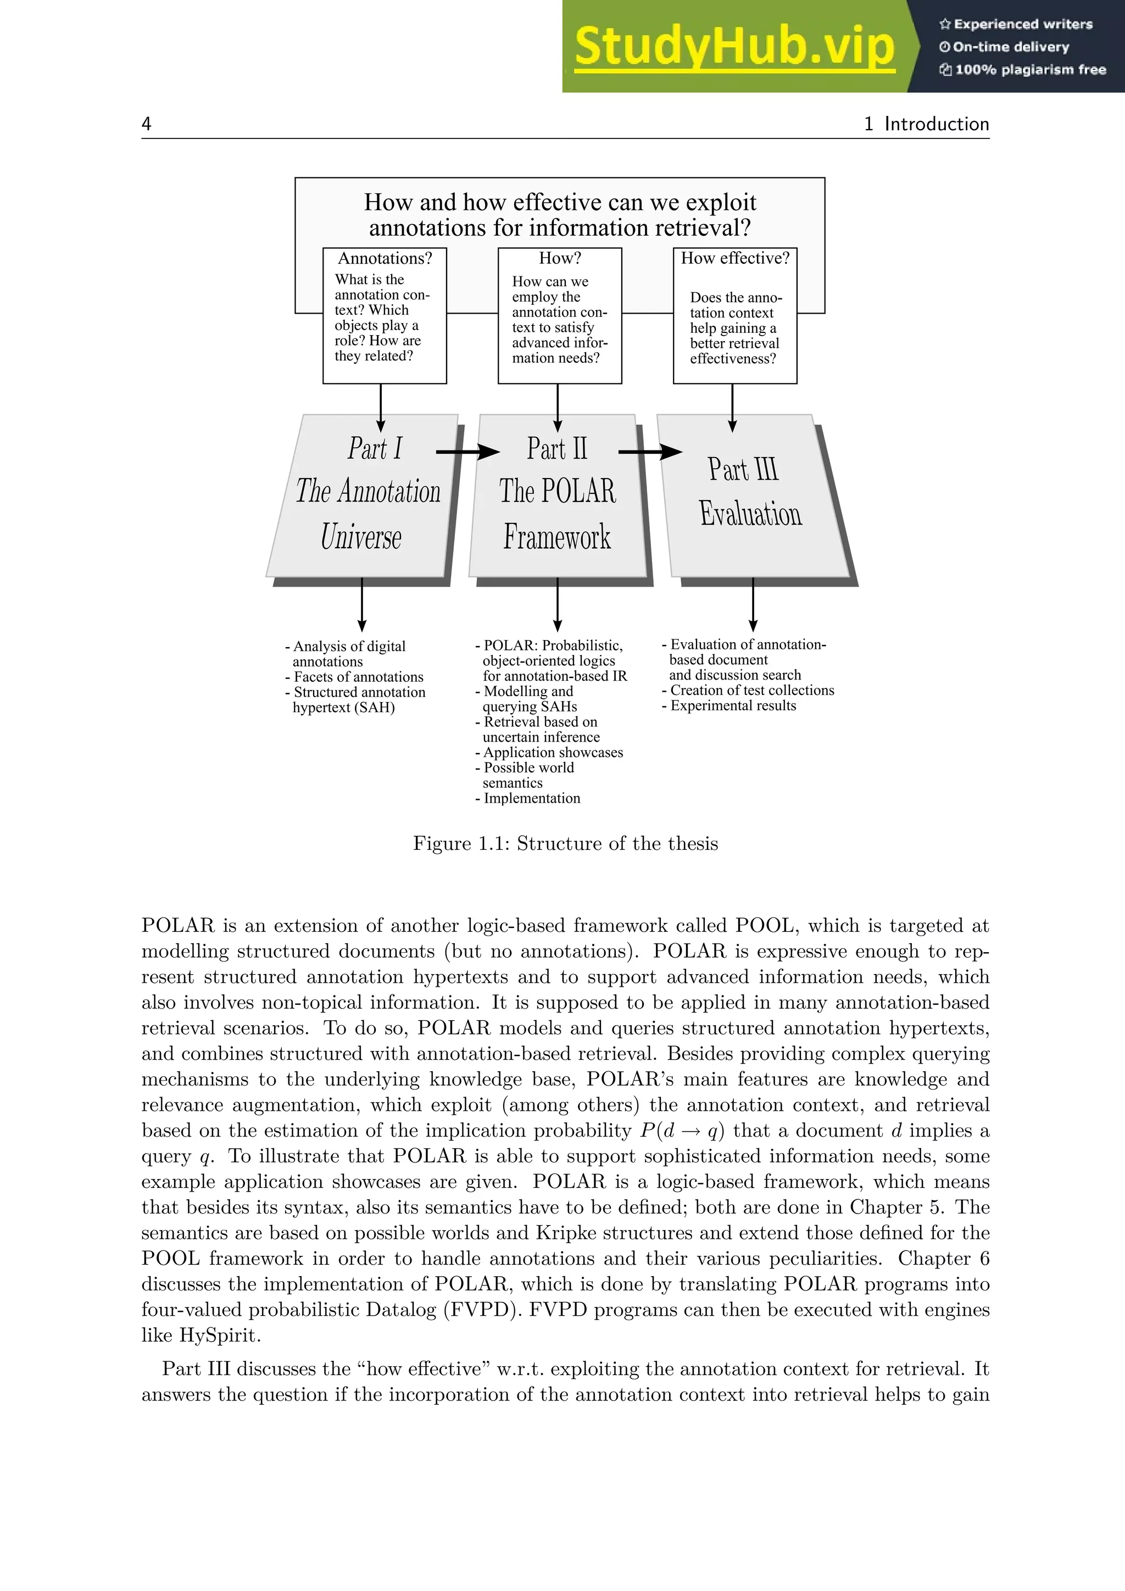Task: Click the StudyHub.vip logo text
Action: [x=734, y=47]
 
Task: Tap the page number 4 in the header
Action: [x=146, y=124]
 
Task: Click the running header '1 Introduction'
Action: [x=926, y=124]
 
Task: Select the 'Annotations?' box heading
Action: [x=385, y=258]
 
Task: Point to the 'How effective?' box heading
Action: [x=735, y=258]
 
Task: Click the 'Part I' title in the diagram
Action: [x=375, y=448]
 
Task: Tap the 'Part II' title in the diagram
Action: [x=557, y=448]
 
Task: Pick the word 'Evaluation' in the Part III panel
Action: [x=750, y=514]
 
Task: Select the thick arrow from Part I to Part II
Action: [x=467, y=452]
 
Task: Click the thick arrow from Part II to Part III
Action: [x=650, y=452]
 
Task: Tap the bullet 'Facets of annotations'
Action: [x=358, y=677]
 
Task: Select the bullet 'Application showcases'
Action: [x=553, y=753]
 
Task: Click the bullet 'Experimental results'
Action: [x=733, y=705]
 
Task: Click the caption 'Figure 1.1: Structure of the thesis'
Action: [x=565, y=843]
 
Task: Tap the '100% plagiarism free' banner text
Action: [x=1029, y=69]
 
